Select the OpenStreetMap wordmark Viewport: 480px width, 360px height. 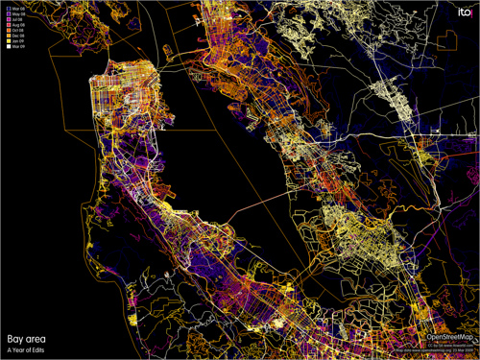[x=448, y=338]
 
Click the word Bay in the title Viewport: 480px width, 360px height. [x=14, y=339]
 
